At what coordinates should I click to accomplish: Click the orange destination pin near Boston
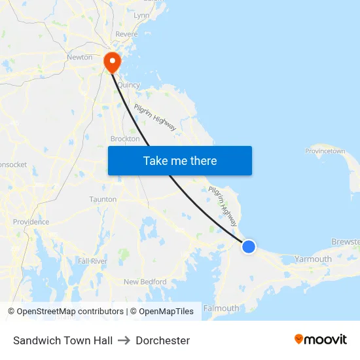[112, 62]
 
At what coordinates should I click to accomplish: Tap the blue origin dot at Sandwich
[249, 247]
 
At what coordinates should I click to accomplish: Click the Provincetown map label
[325, 151]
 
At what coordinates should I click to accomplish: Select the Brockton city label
[125, 139]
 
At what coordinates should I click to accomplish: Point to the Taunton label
[103, 199]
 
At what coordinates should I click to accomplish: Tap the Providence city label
[31, 222]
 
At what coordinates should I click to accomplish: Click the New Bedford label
[145, 282]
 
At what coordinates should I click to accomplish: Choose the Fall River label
[92, 261]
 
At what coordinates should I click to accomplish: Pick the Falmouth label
[221, 308]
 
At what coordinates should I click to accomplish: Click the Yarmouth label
[313, 259]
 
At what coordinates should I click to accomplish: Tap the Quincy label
[128, 85]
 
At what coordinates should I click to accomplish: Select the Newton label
[79, 57]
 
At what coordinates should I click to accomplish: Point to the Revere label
[126, 34]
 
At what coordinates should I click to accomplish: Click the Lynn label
[141, 15]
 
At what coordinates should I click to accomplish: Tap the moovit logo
[321, 340]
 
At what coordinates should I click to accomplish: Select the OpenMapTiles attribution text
[166, 312]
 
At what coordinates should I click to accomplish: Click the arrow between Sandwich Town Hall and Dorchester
[124, 340]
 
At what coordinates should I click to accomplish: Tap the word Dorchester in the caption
[163, 340]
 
